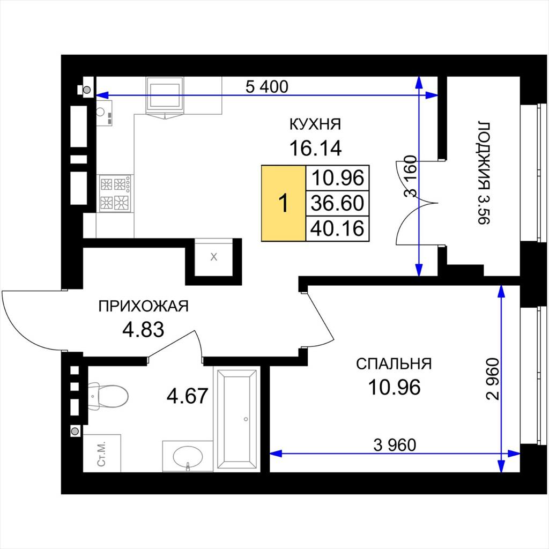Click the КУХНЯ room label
tap(315, 124)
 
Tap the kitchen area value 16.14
tap(315, 148)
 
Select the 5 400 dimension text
tap(267, 86)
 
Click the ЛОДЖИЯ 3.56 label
tap(484, 173)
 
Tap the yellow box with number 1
tap(284, 203)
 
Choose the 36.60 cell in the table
tap(338, 203)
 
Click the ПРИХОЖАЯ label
tap(143, 306)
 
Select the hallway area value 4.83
tap(143, 330)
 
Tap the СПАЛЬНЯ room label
tap(394, 364)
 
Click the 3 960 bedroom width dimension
tap(395, 445)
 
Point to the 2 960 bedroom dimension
tap(492, 379)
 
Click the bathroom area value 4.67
tap(188, 396)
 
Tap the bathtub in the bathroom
tap(236, 419)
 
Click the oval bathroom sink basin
tap(188, 457)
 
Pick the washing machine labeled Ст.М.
tap(102, 454)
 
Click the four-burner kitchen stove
tap(115, 193)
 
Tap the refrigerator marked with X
tap(213, 257)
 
